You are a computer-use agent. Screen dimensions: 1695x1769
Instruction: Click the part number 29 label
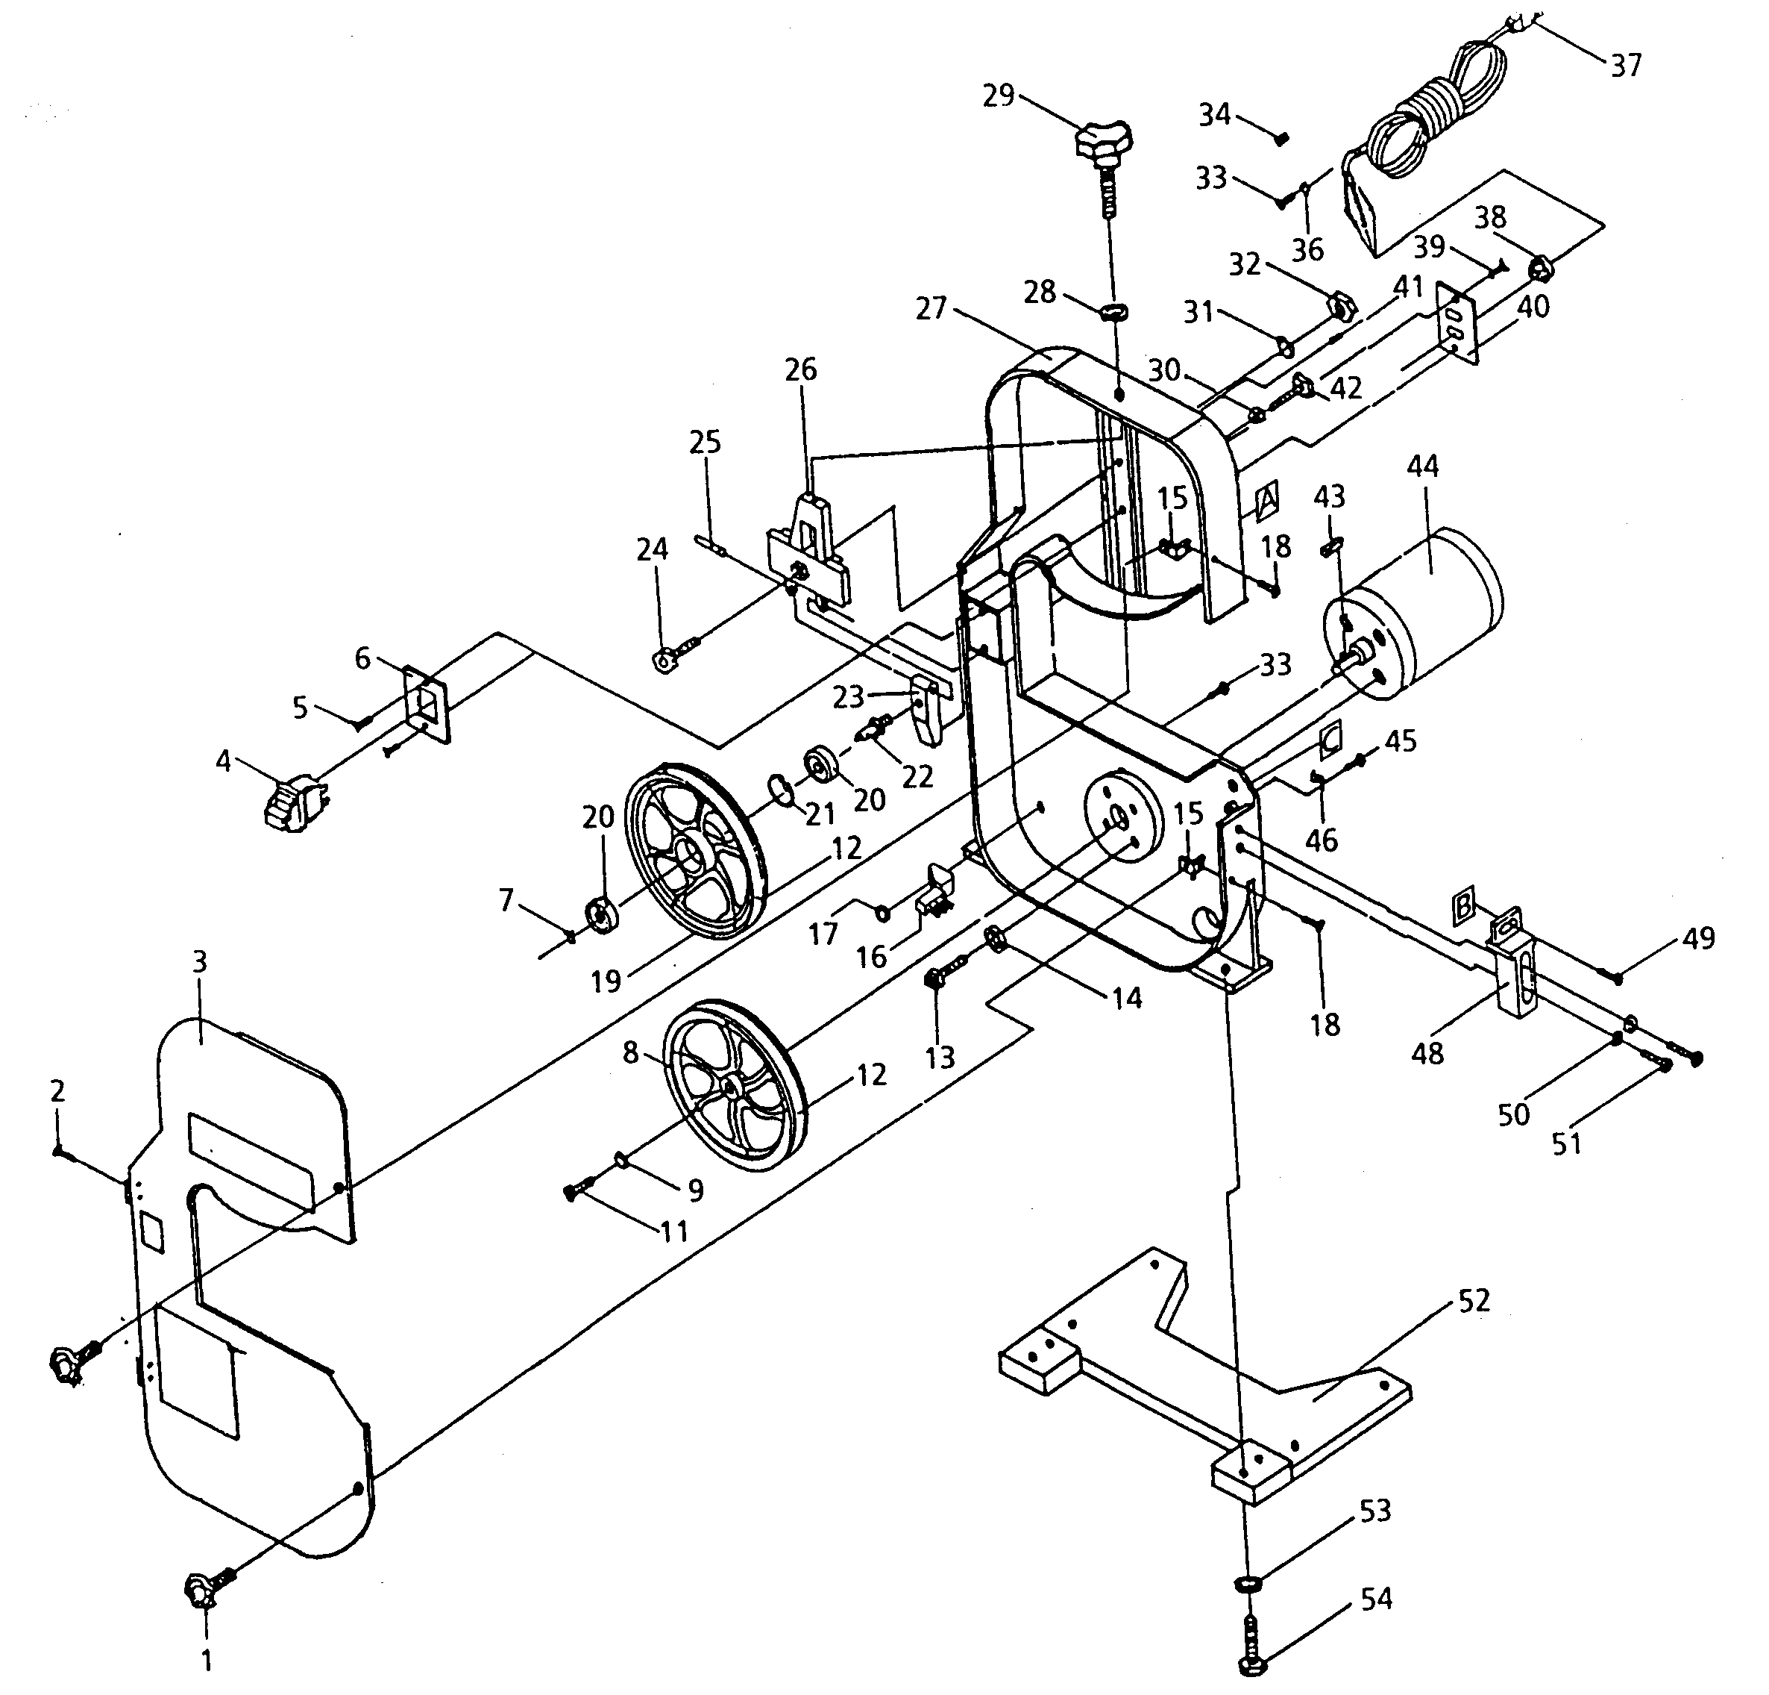coord(998,96)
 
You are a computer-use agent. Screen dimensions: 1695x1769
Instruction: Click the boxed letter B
coord(1465,904)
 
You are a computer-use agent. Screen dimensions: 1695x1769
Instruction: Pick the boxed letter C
coord(1331,739)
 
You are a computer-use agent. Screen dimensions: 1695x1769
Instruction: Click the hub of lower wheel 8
coord(729,1084)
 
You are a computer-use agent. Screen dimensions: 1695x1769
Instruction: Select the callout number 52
coord(1474,1301)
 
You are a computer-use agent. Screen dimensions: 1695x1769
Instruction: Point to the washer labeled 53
coord(1246,1583)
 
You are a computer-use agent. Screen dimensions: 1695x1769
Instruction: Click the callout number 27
coord(931,309)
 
